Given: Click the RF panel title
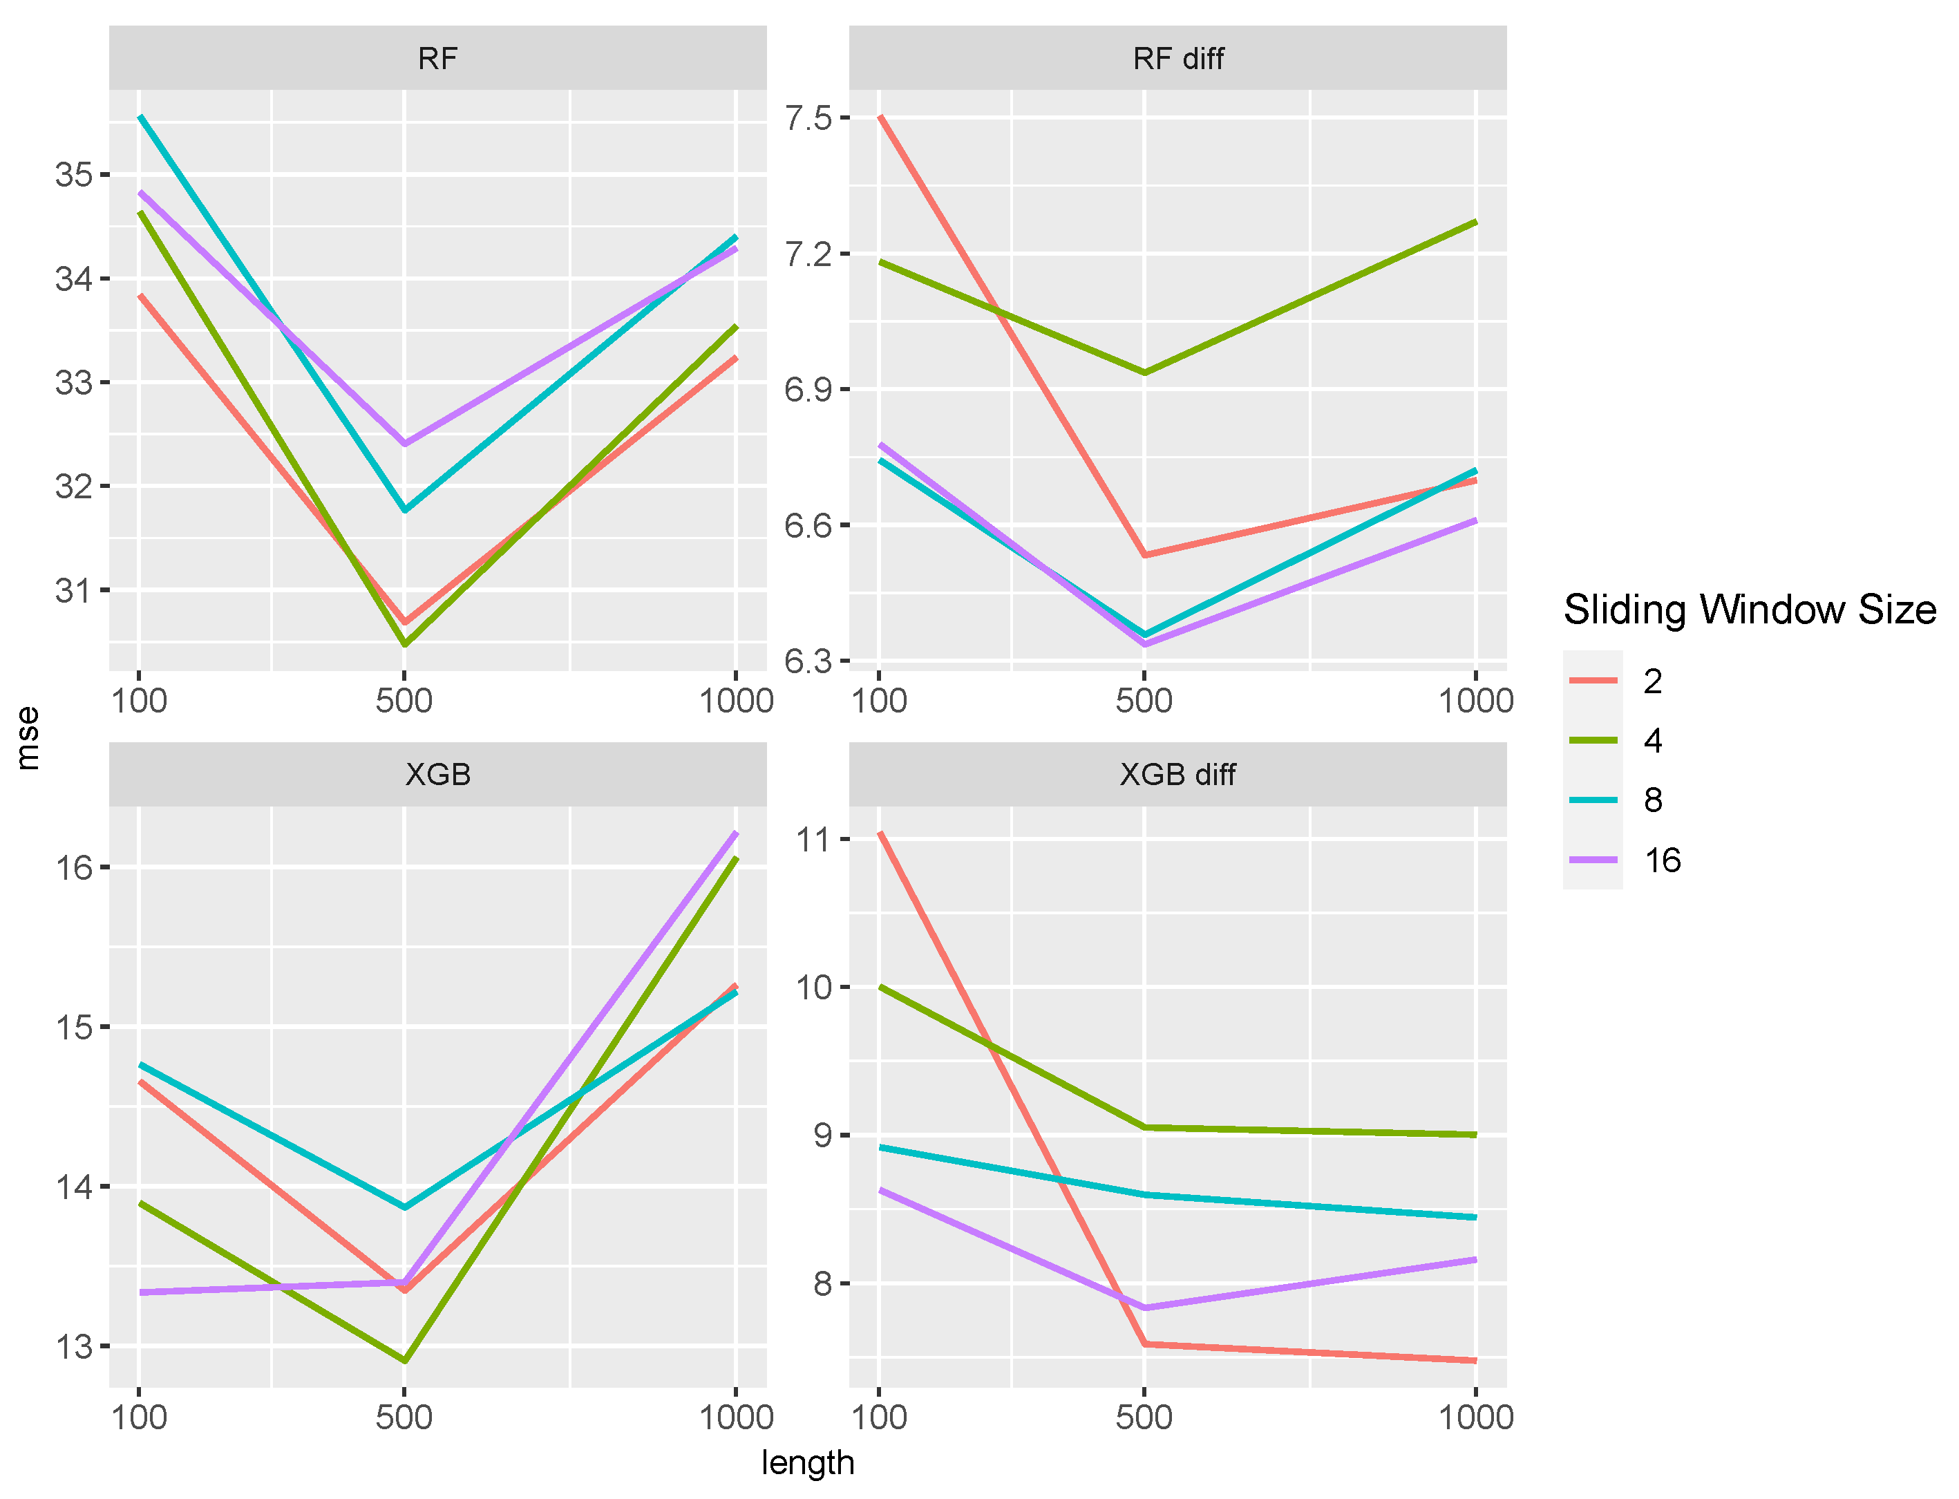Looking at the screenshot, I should click(437, 59).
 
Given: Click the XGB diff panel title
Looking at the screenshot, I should click(1177, 775).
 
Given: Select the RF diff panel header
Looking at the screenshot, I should click(1177, 59).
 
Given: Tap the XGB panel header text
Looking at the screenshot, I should click(437, 775).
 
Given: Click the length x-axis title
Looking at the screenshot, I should click(807, 1462).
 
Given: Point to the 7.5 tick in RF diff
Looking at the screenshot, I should click(807, 117).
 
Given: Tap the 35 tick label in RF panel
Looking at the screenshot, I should click(73, 174).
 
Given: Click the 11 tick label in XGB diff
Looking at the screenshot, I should click(812, 840).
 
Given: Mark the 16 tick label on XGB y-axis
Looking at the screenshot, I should click(73, 867).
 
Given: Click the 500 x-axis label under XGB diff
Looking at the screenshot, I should click(1144, 1417).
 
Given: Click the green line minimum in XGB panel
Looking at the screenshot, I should click(405, 1361).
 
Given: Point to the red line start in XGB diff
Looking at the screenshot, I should click(880, 833).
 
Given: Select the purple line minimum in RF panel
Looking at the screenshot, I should click(405, 444).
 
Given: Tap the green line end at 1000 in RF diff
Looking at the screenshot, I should click(1475, 221).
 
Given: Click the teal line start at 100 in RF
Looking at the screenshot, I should click(140, 116).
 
